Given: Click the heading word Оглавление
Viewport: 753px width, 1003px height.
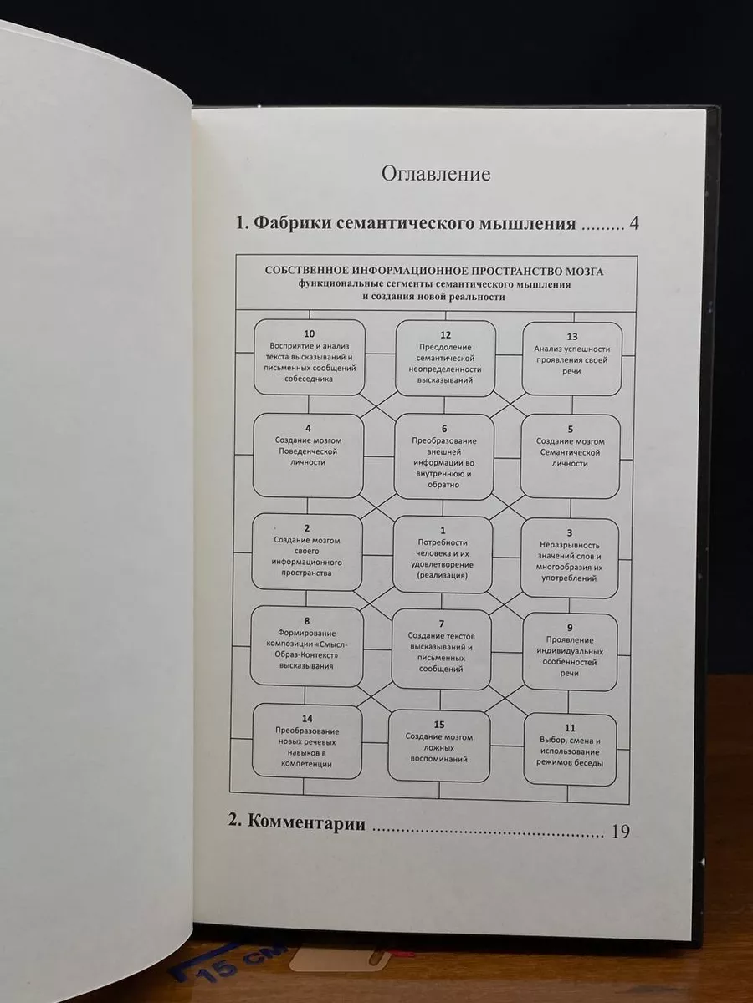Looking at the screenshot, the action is click(436, 175).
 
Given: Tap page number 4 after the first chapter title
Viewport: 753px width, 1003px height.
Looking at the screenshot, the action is click(633, 224).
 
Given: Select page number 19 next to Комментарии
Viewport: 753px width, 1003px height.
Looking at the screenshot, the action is click(621, 832).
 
